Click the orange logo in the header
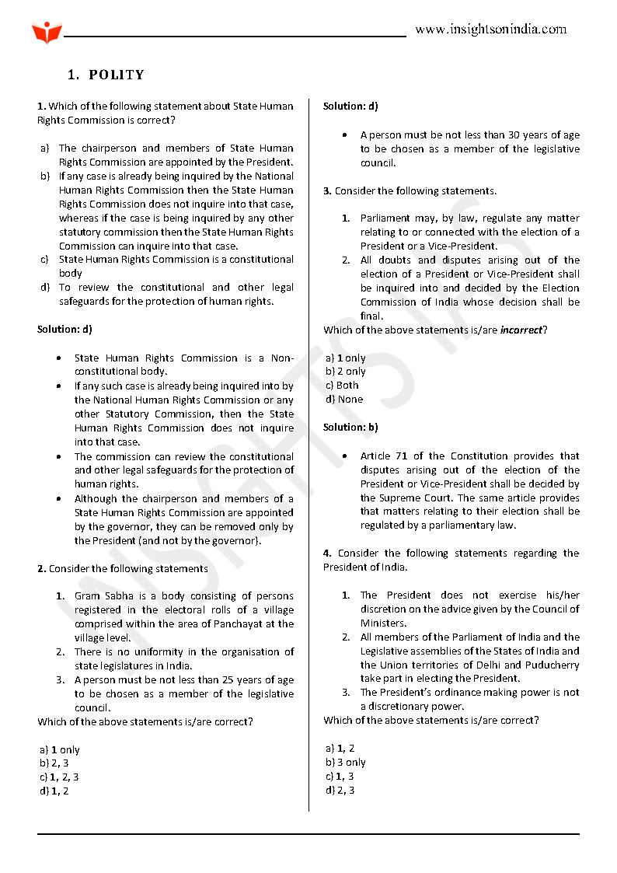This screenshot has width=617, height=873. [47, 33]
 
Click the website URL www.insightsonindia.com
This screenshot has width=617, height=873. [490, 30]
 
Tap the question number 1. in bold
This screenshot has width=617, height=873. [41, 107]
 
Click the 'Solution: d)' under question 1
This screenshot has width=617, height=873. [64, 330]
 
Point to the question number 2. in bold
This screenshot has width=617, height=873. [41, 569]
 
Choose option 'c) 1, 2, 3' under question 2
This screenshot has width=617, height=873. [59, 777]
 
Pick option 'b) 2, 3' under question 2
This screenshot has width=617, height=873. [54, 763]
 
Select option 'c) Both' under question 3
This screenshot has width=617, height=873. [343, 386]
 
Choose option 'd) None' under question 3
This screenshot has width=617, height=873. [344, 400]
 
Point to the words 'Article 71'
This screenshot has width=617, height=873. [384, 456]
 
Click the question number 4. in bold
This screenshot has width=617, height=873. [327, 553]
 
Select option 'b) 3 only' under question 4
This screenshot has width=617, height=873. [346, 763]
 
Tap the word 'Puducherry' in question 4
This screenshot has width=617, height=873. [551, 665]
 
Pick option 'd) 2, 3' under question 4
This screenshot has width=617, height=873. [340, 791]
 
